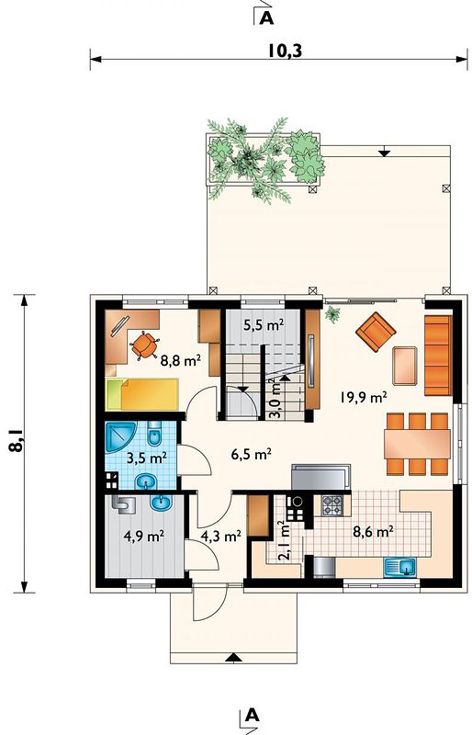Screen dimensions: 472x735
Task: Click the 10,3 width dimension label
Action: [285, 51]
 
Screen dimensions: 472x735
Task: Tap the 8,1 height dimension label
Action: [16, 441]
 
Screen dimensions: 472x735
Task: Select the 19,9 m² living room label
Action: [364, 398]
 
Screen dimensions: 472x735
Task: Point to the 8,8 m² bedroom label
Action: [181, 360]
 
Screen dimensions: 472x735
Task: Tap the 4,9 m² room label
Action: [143, 536]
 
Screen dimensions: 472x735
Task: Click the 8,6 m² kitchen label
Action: [372, 531]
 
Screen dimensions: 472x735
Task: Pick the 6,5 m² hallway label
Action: [252, 454]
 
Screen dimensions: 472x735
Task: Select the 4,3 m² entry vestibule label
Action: [220, 536]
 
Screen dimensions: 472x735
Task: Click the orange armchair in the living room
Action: [376, 332]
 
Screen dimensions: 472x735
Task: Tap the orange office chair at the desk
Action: [145, 345]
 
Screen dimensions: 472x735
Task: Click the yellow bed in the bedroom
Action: [142, 394]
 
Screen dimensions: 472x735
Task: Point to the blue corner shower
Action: [119, 436]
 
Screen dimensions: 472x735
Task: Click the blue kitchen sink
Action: [400, 567]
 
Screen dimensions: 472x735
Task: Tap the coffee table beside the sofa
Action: [405, 366]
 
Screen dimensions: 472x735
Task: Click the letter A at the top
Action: [266, 17]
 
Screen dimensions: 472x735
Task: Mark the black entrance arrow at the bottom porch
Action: [231, 658]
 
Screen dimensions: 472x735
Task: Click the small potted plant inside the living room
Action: [332, 313]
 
